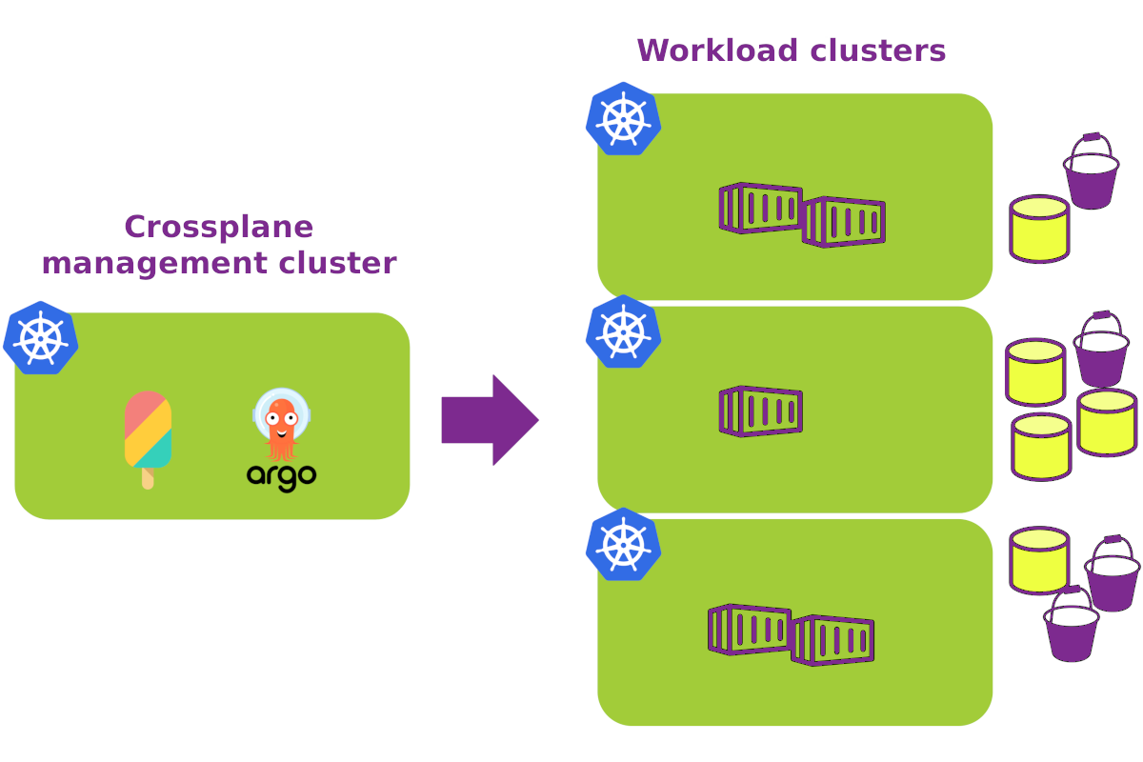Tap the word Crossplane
pos(218,227)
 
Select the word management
pos(147,263)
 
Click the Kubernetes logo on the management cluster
pos(41,338)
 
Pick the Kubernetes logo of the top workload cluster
pos(624,119)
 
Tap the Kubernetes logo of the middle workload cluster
pos(624,331)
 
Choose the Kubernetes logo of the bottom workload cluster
pos(624,545)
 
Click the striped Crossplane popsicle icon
pos(149,431)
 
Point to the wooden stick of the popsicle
pos(148,479)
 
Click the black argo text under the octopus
pos(282,475)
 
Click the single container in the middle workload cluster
pos(760,411)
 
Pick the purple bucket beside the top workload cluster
pos(1091,173)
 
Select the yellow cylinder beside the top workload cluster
pos(1039,229)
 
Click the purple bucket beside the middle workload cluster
pos(1101,351)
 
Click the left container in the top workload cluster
pos(760,208)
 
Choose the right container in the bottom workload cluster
pos(832,640)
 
